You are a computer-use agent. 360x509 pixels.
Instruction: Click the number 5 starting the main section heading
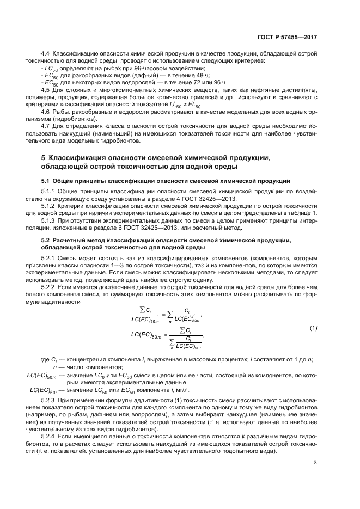pyautogui.click(x=43, y=157)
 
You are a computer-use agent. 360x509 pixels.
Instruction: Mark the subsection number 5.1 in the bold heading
pyautogui.click(x=46, y=180)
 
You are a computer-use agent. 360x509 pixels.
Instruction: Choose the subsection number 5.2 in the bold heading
pyautogui.click(x=46, y=240)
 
